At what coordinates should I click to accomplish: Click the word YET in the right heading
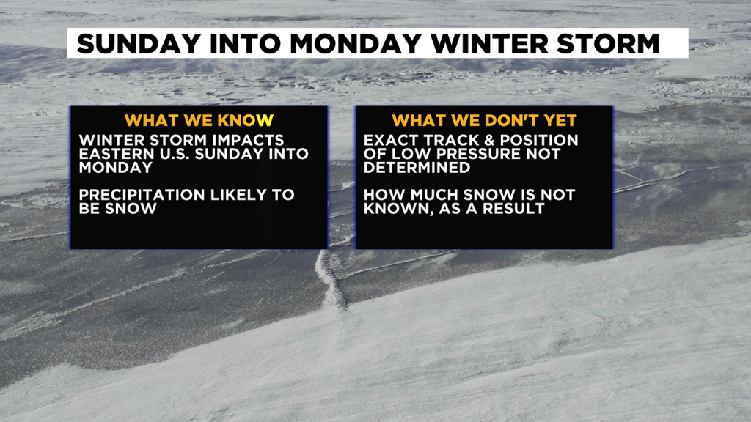coord(561,120)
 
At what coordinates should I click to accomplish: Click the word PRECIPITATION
coord(142,195)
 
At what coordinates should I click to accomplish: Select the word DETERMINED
coord(417,167)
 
